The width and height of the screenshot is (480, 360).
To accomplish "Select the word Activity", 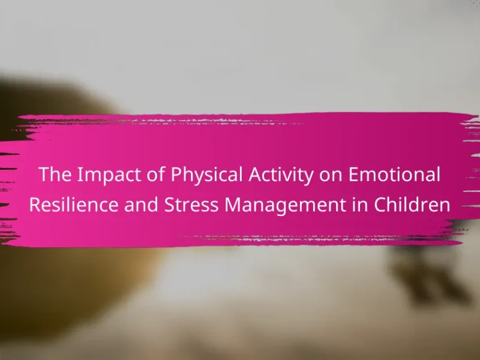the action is point(281,175).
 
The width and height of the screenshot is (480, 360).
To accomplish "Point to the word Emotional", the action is point(394,174).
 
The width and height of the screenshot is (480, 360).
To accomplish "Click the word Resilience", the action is point(74,205).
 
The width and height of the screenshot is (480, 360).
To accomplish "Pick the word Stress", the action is point(191,205).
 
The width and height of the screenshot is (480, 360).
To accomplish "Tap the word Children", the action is point(412,205).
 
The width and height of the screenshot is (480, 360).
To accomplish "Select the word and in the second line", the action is point(141,205).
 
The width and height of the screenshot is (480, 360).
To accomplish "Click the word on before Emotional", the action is point(331,176).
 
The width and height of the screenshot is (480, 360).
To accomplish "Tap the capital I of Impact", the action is point(79,175).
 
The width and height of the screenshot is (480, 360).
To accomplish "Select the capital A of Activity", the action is point(256,175).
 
